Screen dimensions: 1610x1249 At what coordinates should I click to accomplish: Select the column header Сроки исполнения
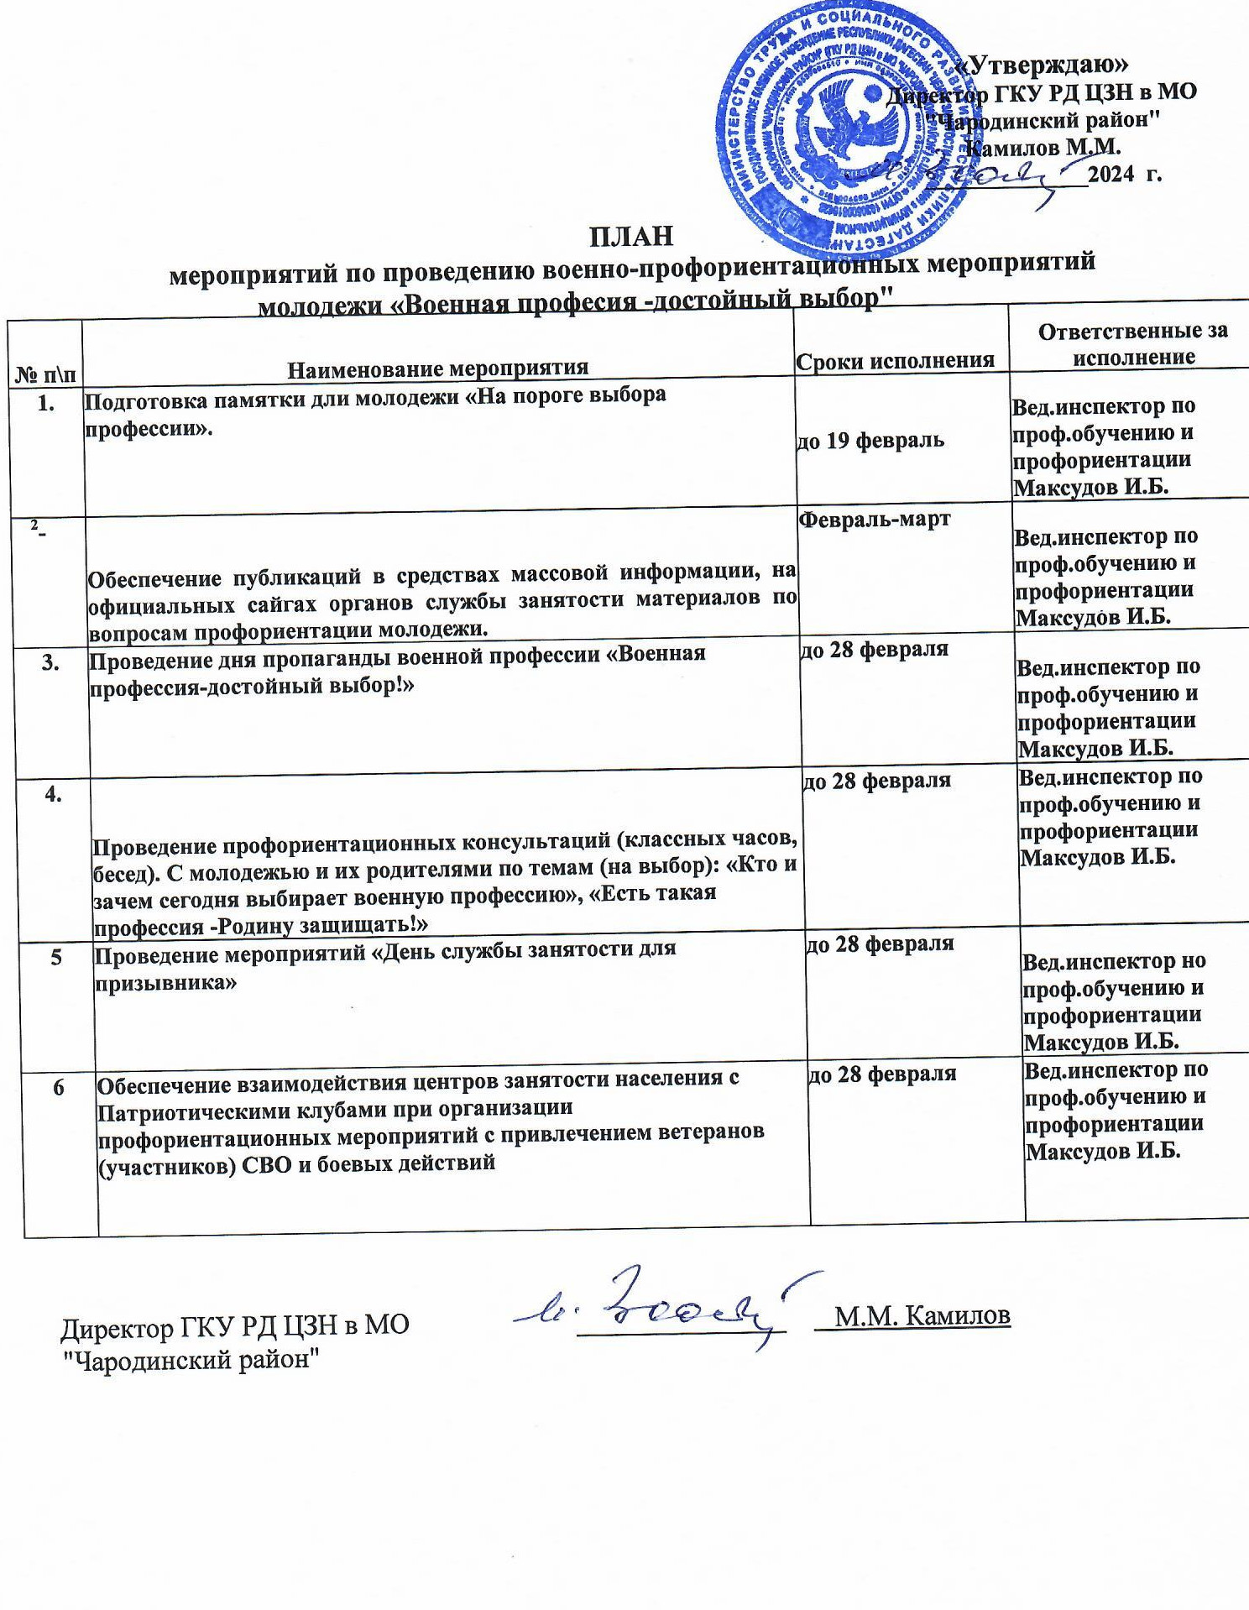click(895, 361)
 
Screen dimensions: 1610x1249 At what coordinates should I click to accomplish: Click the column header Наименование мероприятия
click(437, 369)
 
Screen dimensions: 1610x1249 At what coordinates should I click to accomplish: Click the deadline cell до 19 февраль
click(870, 440)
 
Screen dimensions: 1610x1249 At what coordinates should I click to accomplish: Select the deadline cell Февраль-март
click(874, 519)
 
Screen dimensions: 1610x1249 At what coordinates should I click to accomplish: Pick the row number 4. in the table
click(54, 794)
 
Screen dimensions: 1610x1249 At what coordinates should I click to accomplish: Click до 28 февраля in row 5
click(879, 944)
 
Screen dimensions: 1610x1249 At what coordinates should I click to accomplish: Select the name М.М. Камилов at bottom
click(922, 1315)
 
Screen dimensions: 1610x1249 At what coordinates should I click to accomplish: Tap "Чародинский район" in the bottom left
click(194, 1358)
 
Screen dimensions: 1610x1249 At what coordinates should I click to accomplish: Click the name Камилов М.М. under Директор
click(1044, 147)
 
